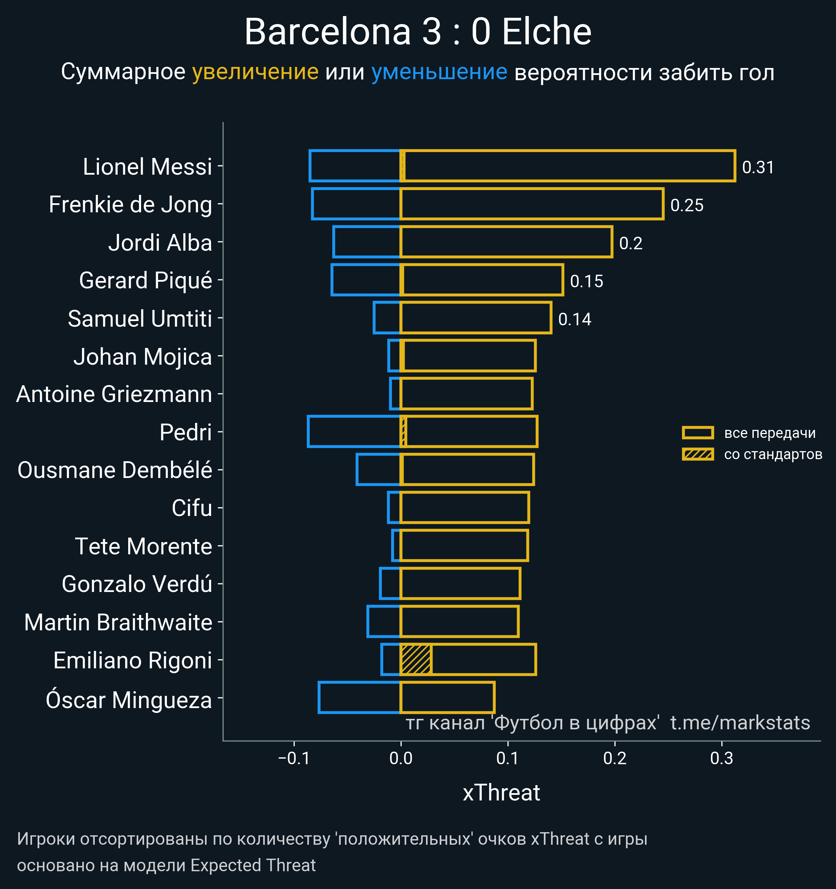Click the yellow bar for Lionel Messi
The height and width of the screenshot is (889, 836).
[567, 166]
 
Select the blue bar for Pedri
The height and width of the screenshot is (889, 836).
[354, 432]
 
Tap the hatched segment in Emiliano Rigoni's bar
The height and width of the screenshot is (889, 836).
[416, 660]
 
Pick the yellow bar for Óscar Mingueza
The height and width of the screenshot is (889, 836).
[447, 698]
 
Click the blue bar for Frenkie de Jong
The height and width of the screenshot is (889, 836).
[356, 204]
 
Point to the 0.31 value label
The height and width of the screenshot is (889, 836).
[758, 167]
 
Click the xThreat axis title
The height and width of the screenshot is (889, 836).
[501, 793]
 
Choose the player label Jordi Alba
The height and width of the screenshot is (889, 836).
[160, 243]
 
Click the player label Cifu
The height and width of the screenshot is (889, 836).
[192, 508]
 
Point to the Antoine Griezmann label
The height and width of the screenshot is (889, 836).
[114, 394]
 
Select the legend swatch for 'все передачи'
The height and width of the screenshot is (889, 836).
[697, 432]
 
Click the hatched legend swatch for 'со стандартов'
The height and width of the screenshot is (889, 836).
[697, 454]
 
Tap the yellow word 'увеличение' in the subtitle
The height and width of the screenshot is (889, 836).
[255, 72]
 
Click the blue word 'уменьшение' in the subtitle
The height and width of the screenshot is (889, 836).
[439, 72]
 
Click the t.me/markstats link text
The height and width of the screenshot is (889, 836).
[740, 723]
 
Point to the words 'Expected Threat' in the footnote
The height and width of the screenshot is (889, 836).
[253, 865]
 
